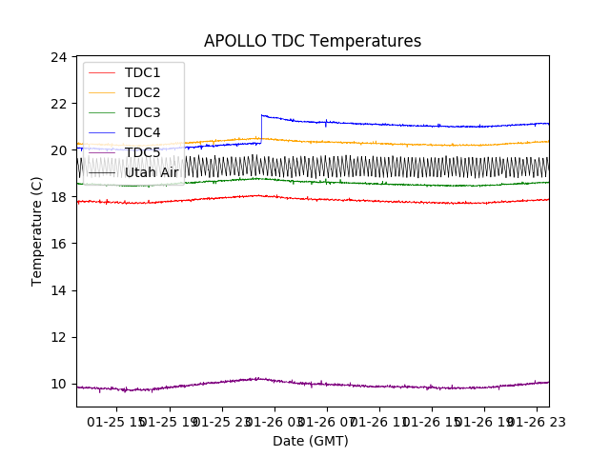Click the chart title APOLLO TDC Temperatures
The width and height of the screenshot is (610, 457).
pyautogui.click(x=313, y=41)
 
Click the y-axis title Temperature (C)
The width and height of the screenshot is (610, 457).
pyautogui.click(x=38, y=231)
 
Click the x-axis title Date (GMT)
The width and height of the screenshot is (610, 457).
pyautogui.click(x=311, y=441)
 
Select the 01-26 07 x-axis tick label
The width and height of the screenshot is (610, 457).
pyautogui.click(x=326, y=421)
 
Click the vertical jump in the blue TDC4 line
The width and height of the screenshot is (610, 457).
pyautogui.click(x=261, y=129)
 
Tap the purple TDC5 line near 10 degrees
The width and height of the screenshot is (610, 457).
pyautogui.click(x=381, y=386)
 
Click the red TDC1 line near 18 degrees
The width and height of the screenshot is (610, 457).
pyautogui.click(x=381, y=201)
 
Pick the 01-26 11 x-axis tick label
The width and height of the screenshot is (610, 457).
pyautogui.click(x=378, y=421)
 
